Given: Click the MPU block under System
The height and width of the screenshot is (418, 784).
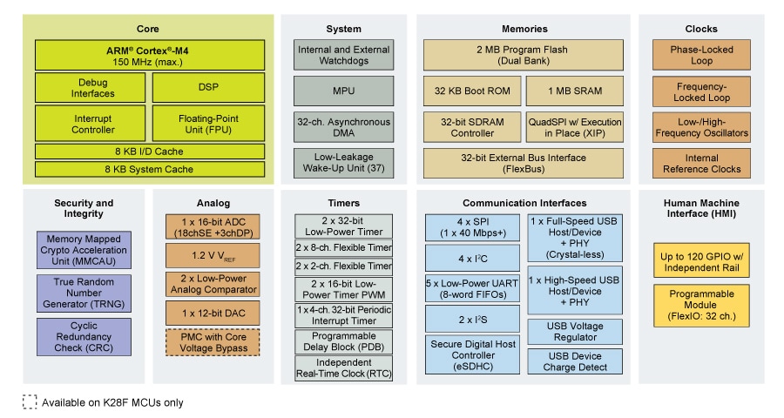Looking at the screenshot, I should coord(343,91).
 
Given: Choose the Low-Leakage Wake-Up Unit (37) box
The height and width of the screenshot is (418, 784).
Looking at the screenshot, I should coord(343,161).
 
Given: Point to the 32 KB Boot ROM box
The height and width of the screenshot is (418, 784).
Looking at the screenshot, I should coord(472,91).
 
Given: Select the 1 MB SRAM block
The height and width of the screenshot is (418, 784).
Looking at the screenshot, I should coord(575,91).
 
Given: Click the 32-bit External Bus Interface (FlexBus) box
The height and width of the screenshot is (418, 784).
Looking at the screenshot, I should coord(524,163).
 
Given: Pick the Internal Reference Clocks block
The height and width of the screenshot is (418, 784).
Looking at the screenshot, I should coord(700,163).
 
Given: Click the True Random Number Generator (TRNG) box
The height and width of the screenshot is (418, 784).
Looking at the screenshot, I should coord(84,293).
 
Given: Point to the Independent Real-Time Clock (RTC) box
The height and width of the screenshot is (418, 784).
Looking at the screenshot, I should coord(343,367).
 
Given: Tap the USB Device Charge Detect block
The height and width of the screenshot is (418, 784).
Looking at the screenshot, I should coord(574,361).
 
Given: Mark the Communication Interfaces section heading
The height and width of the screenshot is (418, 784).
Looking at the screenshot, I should coord(524,203).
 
